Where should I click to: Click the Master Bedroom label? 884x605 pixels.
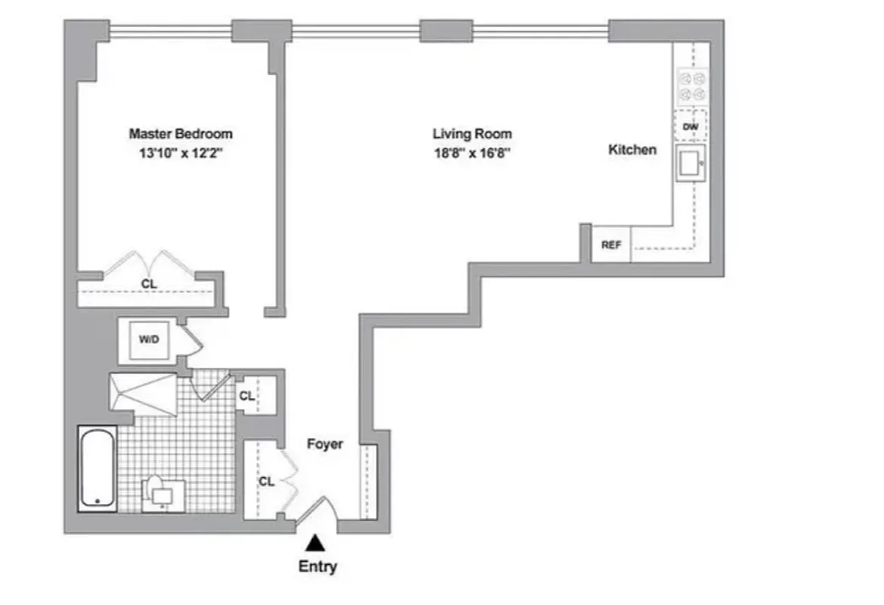tap(180, 134)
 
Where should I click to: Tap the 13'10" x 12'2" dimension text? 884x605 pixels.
tap(180, 153)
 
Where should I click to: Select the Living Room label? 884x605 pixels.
tap(472, 134)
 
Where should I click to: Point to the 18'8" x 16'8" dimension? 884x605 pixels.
tap(472, 153)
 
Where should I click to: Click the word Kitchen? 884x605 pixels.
tap(632, 150)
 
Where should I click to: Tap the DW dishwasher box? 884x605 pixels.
tap(690, 126)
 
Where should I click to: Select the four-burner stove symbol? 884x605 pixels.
tap(691, 86)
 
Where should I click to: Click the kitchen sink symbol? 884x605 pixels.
tap(690, 164)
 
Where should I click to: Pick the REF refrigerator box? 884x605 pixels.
tap(610, 245)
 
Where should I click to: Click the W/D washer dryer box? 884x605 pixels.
tap(147, 340)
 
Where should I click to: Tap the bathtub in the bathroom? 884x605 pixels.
tap(98, 468)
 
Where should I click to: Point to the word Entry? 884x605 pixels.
tap(318, 566)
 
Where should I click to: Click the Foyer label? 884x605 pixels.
tap(324, 444)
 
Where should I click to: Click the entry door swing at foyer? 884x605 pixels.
tap(316, 509)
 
